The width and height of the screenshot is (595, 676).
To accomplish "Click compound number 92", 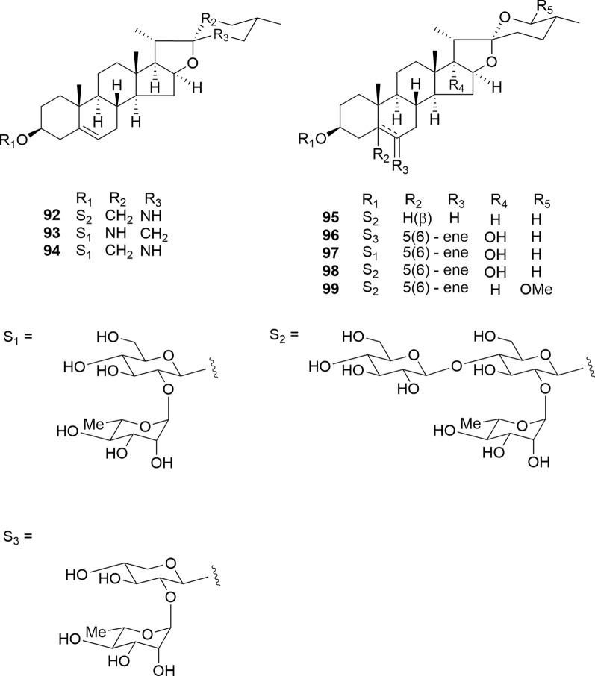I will click(x=52, y=216).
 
